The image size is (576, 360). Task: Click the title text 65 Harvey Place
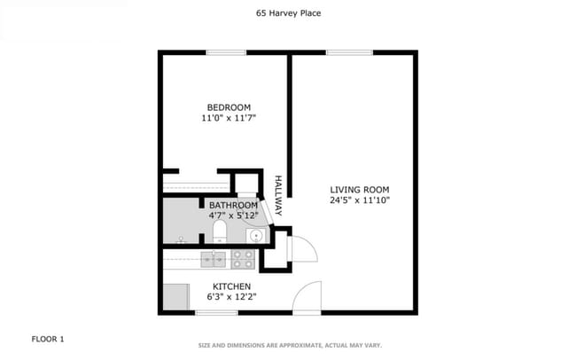tap(287, 13)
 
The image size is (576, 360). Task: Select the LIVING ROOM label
tap(360, 190)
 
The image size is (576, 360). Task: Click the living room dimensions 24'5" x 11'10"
tap(360, 200)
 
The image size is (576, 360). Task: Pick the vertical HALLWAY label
tap(277, 196)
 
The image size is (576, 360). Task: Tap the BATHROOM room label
tap(234, 205)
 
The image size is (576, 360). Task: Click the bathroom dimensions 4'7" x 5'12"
tap(233, 215)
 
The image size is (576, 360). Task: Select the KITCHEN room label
tap(231, 286)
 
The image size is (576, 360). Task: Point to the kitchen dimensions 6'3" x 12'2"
tap(231, 297)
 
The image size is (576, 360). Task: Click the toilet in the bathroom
tap(219, 233)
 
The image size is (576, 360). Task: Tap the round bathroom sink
tap(255, 236)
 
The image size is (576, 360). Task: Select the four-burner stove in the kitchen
tap(244, 258)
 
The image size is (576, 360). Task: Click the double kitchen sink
tap(212, 258)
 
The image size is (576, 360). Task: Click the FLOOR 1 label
tap(48, 339)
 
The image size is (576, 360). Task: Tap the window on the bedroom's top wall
tap(226, 52)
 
